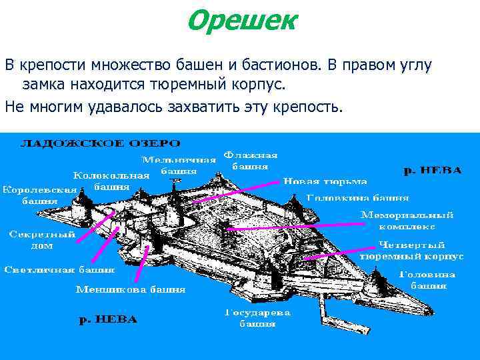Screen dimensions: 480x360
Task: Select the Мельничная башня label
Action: click(179, 165)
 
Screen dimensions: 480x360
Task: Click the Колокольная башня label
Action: click(111, 181)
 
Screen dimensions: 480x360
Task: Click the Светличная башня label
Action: click(59, 270)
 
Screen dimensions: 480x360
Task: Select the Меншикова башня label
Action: click(131, 289)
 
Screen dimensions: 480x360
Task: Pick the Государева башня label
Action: click(257, 318)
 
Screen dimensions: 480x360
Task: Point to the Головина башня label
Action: click(427, 279)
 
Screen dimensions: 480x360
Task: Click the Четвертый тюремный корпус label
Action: click(411, 250)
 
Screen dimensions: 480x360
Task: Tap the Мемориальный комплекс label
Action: click(407, 221)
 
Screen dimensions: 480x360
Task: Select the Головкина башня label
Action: click(357, 197)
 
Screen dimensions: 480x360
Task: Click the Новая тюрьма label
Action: click(325, 181)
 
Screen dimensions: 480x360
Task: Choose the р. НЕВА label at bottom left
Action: click(108, 319)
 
